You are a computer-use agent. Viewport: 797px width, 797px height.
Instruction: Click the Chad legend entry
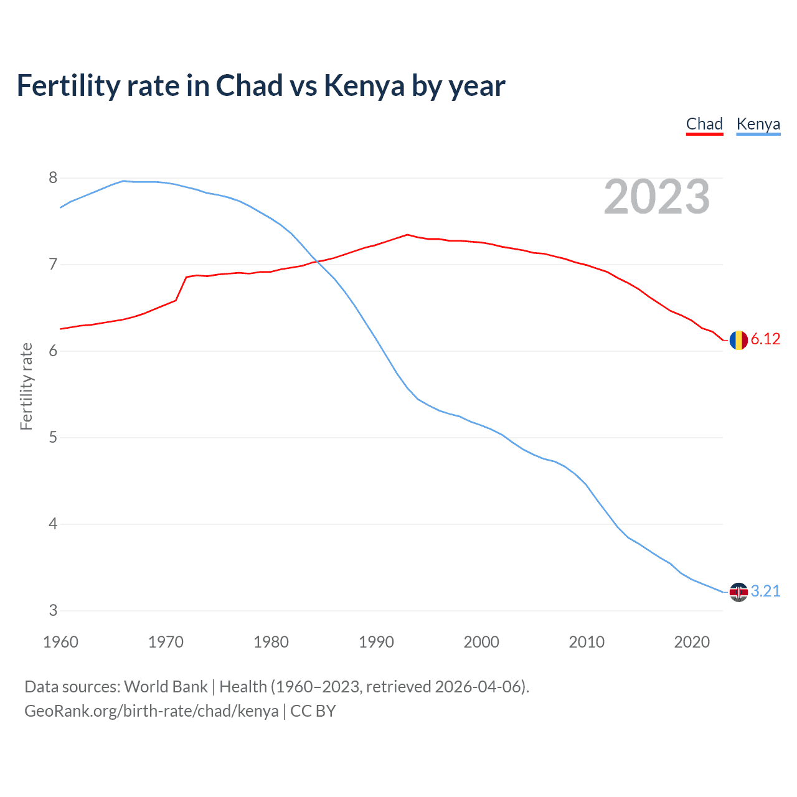coord(704,124)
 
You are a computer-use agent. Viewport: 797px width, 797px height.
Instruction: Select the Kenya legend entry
coord(758,124)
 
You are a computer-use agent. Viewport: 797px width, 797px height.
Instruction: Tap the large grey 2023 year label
coord(657,197)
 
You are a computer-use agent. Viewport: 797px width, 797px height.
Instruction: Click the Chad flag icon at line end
coord(738,340)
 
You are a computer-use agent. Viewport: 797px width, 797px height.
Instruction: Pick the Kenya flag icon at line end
coord(738,592)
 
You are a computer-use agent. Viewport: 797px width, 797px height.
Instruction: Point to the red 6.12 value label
coord(765,339)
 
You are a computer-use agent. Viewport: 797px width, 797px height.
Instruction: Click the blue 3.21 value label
coord(765,591)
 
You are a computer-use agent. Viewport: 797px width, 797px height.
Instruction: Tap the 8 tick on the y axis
coord(53,178)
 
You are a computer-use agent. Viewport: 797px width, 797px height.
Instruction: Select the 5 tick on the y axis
coord(53,438)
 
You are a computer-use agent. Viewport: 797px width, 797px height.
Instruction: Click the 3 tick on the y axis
coord(53,611)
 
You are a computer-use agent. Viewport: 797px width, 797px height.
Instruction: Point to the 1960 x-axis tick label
coord(60,642)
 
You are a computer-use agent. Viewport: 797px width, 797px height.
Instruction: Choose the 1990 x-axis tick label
coord(376,642)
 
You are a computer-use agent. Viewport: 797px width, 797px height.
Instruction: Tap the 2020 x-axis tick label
coord(692,642)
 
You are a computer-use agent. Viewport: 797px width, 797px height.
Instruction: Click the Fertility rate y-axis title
coord(26,386)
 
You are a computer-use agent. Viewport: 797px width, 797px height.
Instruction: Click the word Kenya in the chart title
coord(364,86)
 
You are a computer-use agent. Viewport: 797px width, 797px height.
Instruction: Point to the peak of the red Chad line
coord(407,235)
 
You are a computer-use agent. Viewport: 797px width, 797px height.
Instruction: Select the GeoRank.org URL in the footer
coord(151,711)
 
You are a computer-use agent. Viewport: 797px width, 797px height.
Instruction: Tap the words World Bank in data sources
coord(166,687)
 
